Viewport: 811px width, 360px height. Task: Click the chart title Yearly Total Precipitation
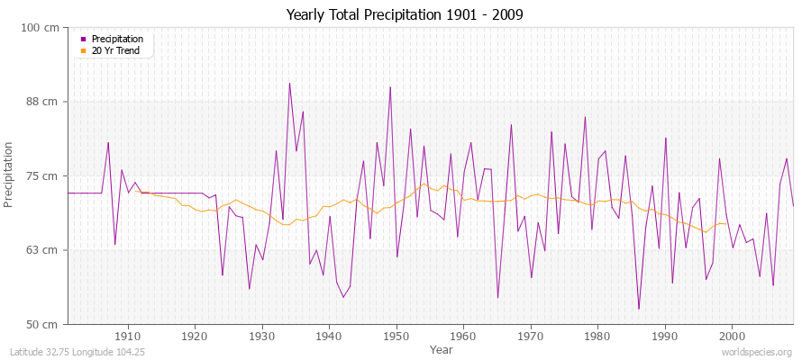405,15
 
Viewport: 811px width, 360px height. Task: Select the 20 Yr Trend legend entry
116,51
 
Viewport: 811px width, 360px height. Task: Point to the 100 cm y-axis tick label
40,28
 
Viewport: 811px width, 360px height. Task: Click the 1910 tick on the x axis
128,335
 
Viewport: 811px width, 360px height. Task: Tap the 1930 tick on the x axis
262,335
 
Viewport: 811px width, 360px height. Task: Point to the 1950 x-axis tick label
396,335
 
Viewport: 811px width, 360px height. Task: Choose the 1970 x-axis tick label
531,335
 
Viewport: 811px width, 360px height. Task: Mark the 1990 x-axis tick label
665,335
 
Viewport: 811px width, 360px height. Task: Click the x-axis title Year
442,349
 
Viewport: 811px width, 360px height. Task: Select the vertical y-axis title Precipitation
10,175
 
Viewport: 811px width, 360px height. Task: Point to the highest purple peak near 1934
289,84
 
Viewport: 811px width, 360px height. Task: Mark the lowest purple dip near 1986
639,309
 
